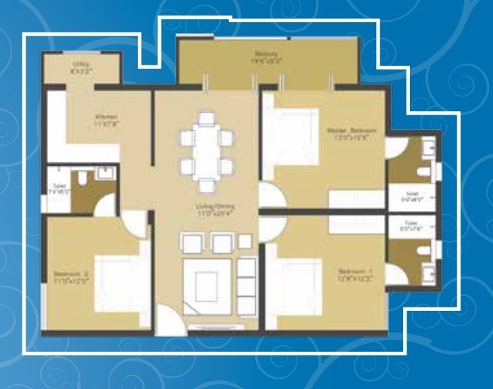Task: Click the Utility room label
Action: (80, 67)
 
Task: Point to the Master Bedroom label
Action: (351, 133)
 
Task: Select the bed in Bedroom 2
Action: (122, 280)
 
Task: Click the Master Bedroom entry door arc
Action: (271, 196)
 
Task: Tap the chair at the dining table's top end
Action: (206, 119)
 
